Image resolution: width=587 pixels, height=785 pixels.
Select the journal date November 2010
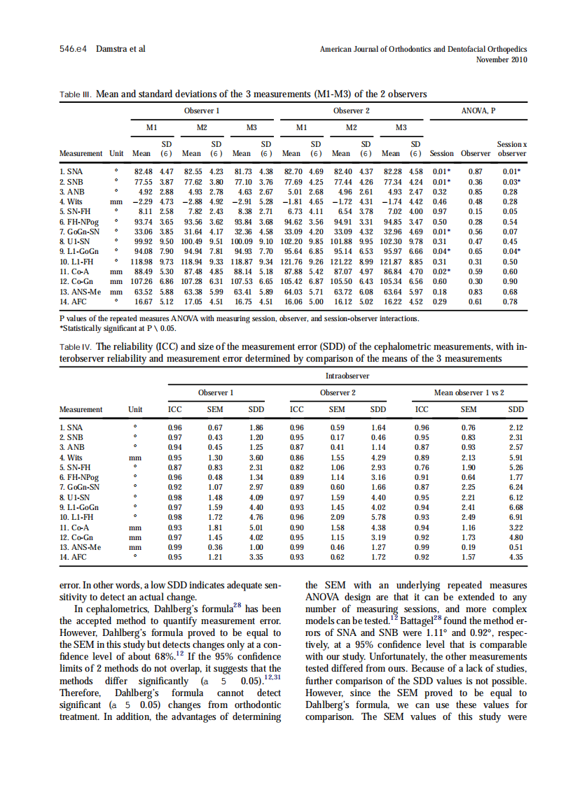click(501, 60)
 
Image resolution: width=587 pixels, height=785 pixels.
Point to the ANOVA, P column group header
click(477, 111)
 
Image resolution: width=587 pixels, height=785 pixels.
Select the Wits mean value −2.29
click(142, 201)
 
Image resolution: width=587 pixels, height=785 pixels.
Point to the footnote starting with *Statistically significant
click(118, 327)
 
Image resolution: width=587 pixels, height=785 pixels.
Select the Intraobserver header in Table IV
click(348, 376)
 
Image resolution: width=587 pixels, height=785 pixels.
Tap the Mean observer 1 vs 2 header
click(469, 392)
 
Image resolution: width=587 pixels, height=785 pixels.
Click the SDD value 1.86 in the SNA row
click(256, 427)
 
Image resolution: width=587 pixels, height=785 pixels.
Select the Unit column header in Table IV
click(135, 409)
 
